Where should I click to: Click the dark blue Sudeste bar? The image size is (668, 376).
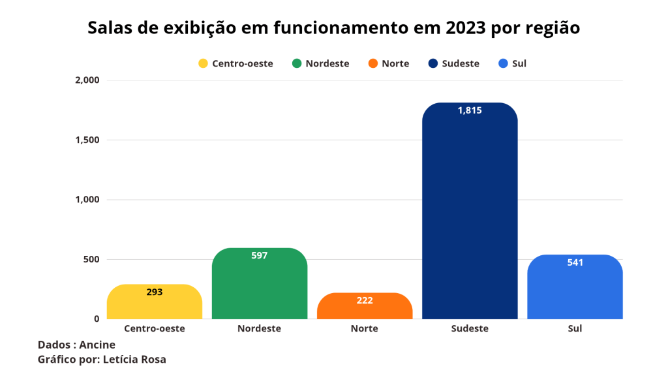pyautogui.click(x=470, y=215)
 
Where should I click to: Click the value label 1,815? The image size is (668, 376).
pyautogui.click(x=470, y=110)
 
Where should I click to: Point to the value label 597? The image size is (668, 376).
pyautogui.click(x=260, y=255)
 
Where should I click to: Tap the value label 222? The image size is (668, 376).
pyautogui.click(x=365, y=300)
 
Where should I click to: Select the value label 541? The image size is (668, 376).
pyautogui.click(x=575, y=262)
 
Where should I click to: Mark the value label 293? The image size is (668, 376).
pyautogui.click(x=155, y=292)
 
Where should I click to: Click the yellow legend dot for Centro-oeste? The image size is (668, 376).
pyautogui.click(x=203, y=63)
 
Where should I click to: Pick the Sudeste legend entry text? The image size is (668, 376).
pyautogui.click(x=461, y=63)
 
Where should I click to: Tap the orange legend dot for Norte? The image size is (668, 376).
pyautogui.click(x=372, y=63)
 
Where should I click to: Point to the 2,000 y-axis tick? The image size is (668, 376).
pyautogui.click(x=87, y=80)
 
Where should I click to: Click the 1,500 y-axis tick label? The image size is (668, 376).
pyautogui.click(x=87, y=140)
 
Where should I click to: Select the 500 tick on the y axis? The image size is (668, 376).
pyautogui.click(x=91, y=259)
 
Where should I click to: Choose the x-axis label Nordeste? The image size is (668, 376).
pyautogui.click(x=260, y=328)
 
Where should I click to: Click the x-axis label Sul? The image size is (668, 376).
pyautogui.click(x=575, y=328)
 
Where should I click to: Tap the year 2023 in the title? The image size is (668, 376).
pyautogui.click(x=466, y=28)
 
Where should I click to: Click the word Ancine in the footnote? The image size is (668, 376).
pyautogui.click(x=97, y=345)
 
